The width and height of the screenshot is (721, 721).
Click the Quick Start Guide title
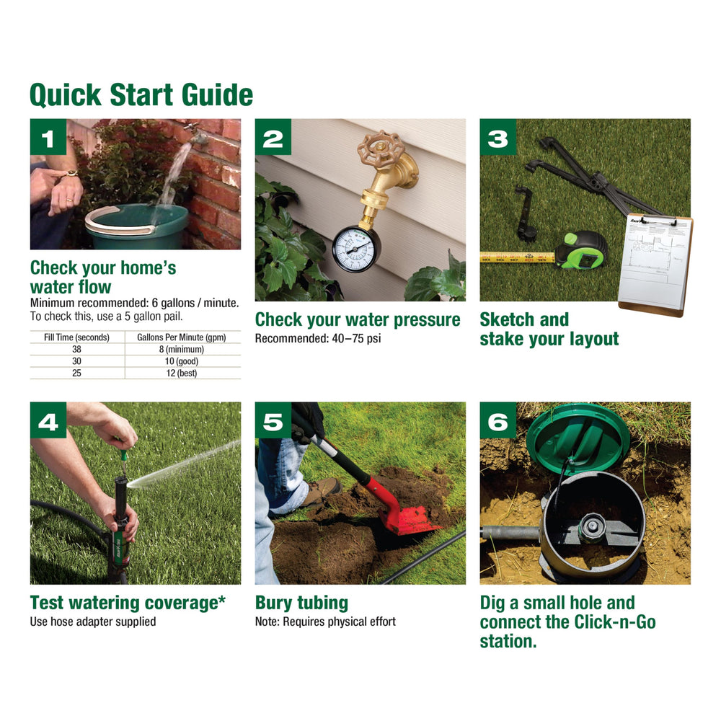[141, 95]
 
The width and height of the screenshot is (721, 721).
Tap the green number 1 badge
[48, 137]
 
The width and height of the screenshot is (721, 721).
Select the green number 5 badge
[273, 420]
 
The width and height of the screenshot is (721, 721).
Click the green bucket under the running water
[136, 226]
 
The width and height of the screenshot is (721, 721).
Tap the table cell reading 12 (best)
[182, 373]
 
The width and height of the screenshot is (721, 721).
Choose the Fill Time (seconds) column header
[77, 337]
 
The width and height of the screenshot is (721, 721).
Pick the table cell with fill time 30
[77, 361]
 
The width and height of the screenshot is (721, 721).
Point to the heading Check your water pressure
[358, 319]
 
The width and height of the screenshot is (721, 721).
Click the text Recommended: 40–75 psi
[318, 338]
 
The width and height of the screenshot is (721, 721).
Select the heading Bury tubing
[301, 602]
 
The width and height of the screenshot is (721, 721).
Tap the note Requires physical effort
[339, 622]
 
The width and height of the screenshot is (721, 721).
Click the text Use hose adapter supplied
[93, 622]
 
